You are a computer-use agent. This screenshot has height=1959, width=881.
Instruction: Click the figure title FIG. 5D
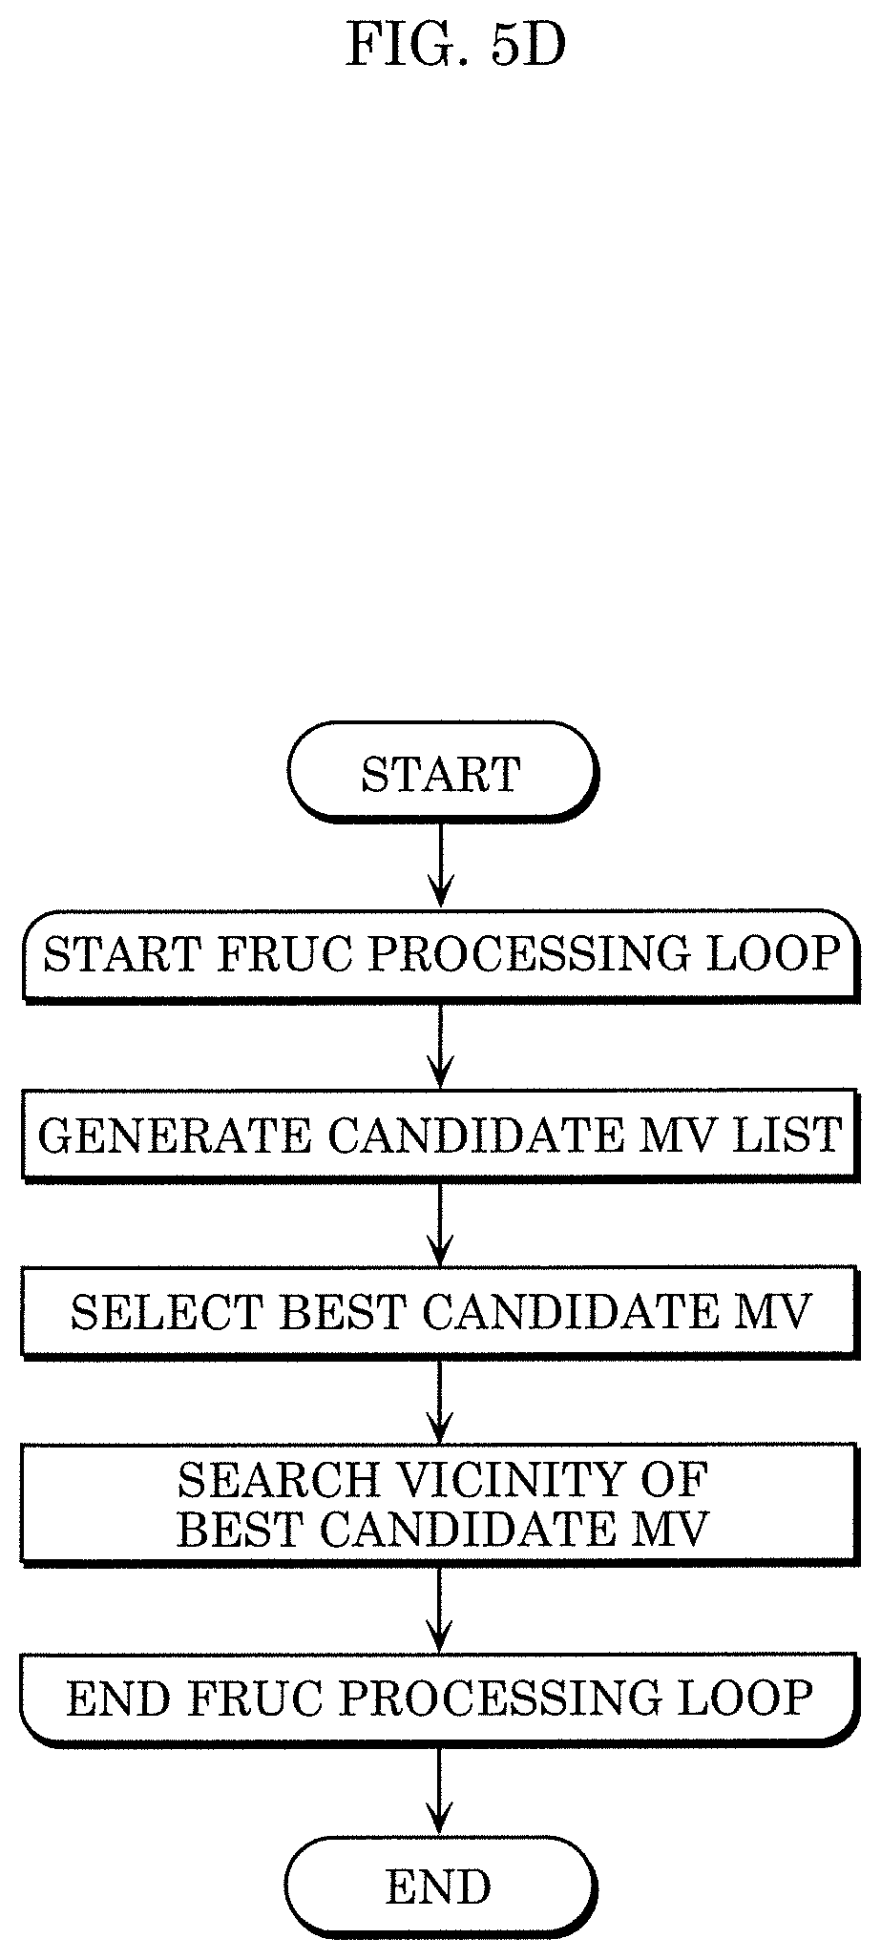pyautogui.click(x=455, y=45)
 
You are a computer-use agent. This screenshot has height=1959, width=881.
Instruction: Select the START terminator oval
pyautogui.click(x=441, y=771)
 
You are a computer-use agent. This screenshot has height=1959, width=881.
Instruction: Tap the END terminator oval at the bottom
pyautogui.click(x=441, y=1886)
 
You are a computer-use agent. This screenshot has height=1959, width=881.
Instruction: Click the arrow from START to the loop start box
pyautogui.click(x=440, y=863)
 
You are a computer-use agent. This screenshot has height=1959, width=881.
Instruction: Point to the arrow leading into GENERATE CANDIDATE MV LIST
pyautogui.click(x=440, y=1044)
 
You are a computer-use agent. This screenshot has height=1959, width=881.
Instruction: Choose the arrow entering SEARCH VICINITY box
pyautogui.click(x=440, y=1401)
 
